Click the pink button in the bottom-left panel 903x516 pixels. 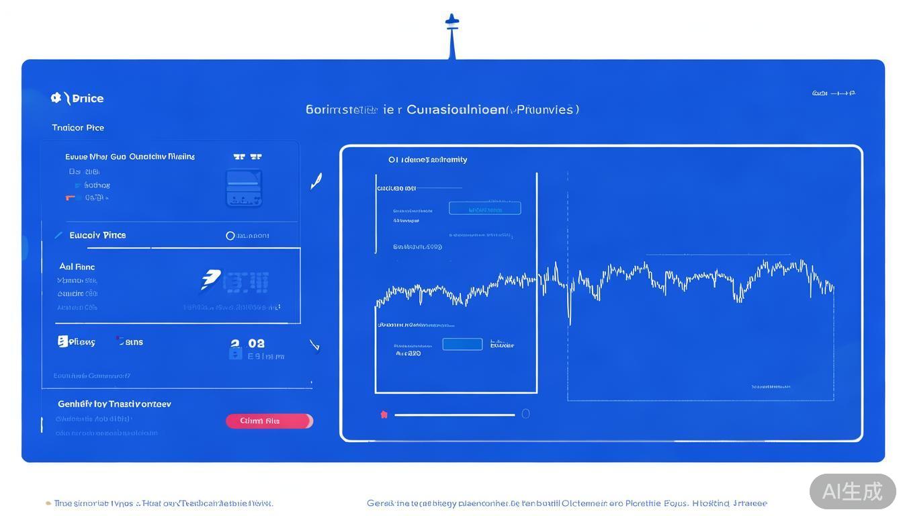point(269,421)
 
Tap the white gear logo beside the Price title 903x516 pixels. point(56,98)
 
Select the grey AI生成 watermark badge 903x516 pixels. point(852,491)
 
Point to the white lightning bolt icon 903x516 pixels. point(210,279)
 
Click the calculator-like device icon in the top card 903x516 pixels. point(244,187)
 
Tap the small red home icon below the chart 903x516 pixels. point(384,415)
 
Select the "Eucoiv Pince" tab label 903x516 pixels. point(97,235)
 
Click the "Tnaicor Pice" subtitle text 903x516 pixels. point(78,128)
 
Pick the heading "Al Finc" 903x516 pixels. point(77,267)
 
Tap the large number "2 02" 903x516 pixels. point(247,344)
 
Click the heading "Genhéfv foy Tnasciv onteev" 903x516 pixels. point(114,404)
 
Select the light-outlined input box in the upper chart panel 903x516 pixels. point(484,209)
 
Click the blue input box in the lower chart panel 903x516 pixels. point(462,345)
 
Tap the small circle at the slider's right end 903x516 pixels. point(525,414)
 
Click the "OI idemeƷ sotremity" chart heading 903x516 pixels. point(427,160)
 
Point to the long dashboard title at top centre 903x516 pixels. point(442,110)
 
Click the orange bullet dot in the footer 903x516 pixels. point(48,503)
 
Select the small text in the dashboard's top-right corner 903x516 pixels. point(833,93)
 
